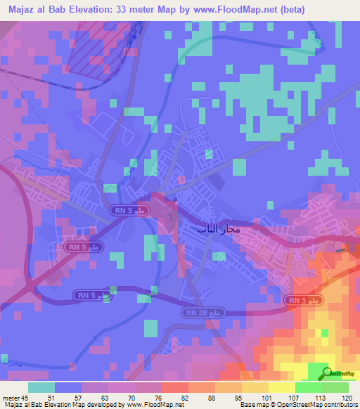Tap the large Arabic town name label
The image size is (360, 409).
coord(211,229)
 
